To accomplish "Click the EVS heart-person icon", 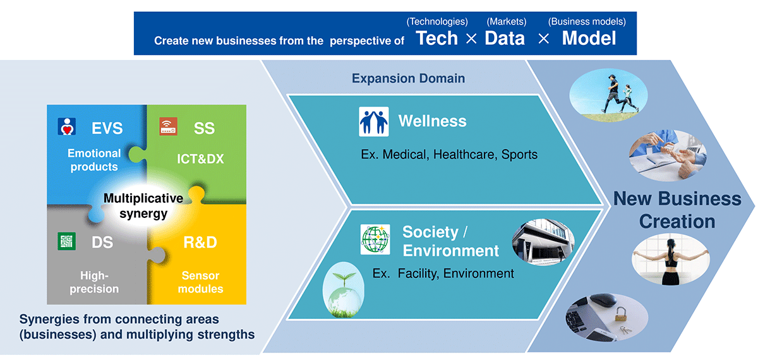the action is pos(67,126).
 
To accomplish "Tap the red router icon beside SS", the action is pos(168,126).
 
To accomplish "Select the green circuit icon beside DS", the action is pos(67,241).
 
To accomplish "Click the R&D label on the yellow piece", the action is pos(200,243).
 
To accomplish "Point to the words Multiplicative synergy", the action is pos(143,206).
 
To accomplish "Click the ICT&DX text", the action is pos(200,159).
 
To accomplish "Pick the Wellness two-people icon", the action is pos(373,121).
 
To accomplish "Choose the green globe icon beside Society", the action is pos(375,239).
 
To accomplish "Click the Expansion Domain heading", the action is pos(409,78).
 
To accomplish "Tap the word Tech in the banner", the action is pos(436,38).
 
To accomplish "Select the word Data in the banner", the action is pos(505,38).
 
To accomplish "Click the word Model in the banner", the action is pos(589,38).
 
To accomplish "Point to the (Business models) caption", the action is pos(587,21).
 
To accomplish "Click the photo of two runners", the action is pos(608,95).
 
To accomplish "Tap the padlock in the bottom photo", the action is pos(620,314).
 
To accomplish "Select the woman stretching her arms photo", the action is pos(671,259).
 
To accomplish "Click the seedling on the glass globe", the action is pos(344,279).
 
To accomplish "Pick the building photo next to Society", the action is pos(543,242).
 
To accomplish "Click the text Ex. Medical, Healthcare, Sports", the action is pos(449,154).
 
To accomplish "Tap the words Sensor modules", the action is pos(200,282).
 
